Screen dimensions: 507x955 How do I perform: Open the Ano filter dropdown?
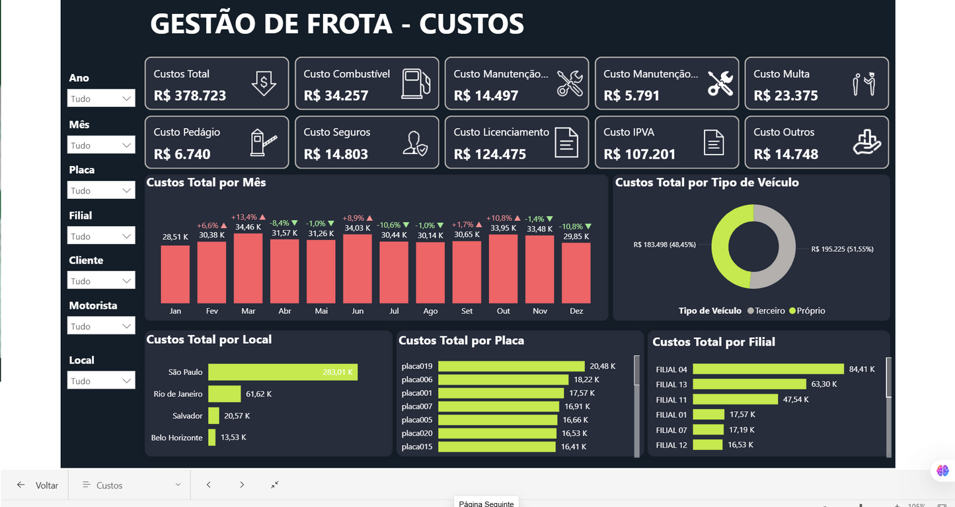click(101, 98)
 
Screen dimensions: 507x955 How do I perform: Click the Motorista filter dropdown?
click(101, 326)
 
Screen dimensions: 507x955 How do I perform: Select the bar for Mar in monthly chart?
click(248, 268)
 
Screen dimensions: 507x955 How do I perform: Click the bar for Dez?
click(576, 272)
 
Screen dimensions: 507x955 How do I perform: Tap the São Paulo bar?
click(282, 372)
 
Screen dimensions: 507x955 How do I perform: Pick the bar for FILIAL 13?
click(749, 384)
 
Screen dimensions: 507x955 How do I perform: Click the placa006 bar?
click(503, 379)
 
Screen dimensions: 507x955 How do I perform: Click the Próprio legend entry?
click(807, 311)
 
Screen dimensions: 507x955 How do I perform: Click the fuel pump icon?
click(416, 84)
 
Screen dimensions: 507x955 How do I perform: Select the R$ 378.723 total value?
click(190, 96)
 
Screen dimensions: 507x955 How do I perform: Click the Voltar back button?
click(38, 485)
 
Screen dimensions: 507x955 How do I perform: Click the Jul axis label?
click(394, 311)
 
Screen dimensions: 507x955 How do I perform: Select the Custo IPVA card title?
click(629, 132)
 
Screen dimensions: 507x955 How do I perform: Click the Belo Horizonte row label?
click(176, 438)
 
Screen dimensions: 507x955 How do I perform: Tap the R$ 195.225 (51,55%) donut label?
click(842, 249)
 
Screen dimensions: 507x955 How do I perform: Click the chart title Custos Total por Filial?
click(713, 342)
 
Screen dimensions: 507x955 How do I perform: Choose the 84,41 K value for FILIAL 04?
click(862, 369)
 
